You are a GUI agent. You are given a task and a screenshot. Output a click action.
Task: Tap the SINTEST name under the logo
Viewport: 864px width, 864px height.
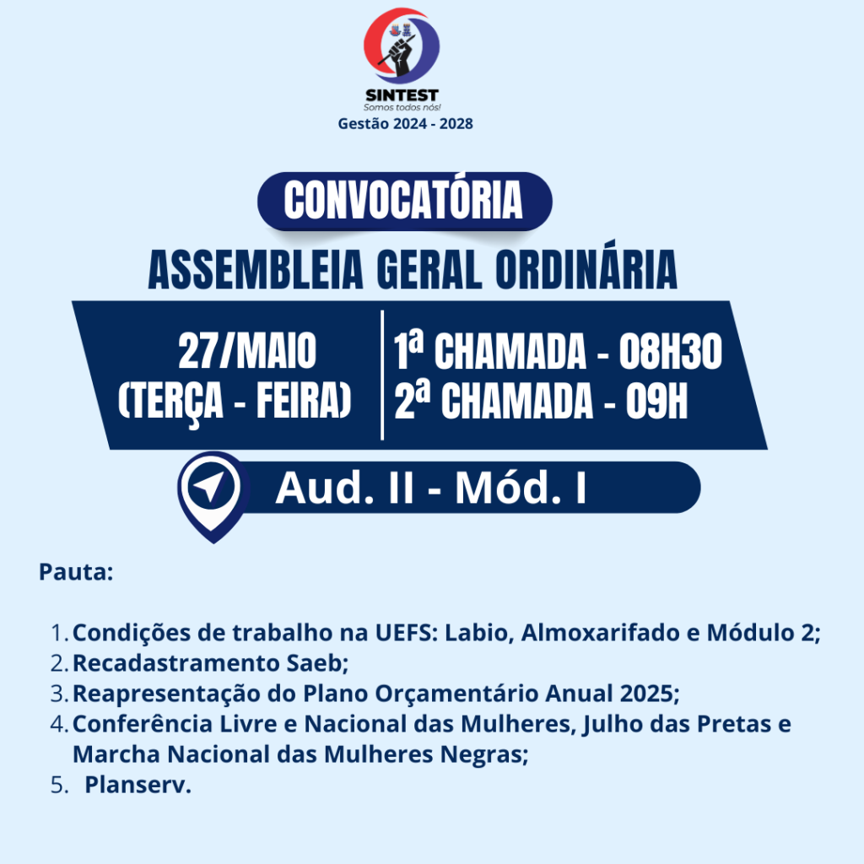[x=402, y=95]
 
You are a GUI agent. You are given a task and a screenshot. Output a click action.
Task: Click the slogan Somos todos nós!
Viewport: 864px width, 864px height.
[x=402, y=107]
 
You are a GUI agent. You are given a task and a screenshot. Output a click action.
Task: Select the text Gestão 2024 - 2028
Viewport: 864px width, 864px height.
[x=405, y=123]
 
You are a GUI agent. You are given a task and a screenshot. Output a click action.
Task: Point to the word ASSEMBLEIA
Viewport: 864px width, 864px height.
[x=256, y=269]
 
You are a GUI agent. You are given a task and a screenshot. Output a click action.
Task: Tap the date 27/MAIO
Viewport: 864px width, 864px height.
[x=247, y=350]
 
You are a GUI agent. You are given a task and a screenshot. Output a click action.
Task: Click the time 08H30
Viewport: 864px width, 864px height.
[x=670, y=352]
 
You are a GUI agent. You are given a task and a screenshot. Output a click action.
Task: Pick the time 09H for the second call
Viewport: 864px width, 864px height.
[x=656, y=401]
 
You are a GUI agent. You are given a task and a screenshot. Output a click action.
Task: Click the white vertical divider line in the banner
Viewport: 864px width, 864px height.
[x=382, y=375]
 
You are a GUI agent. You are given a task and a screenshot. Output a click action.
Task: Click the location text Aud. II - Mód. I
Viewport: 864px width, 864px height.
[x=431, y=488]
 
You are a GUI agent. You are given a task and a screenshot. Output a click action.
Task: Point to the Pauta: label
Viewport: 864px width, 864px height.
[x=76, y=572]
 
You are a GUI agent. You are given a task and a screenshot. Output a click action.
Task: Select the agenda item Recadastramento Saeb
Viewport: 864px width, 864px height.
[x=210, y=663]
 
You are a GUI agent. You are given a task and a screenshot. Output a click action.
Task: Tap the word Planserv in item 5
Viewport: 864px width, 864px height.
[x=138, y=785]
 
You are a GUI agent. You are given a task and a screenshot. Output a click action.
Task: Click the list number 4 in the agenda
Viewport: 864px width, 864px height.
[x=57, y=724]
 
